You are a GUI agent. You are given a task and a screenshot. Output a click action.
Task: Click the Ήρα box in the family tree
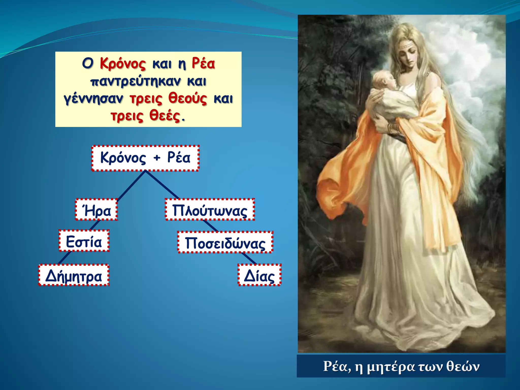[96, 210]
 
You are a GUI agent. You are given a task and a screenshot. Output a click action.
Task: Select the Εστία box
[84, 241]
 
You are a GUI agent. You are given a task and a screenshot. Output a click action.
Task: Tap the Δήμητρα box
[74, 275]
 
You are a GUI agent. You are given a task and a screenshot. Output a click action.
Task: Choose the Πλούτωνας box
[210, 210]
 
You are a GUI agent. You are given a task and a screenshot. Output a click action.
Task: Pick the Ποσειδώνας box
[225, 242]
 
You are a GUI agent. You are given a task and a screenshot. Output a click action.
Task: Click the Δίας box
[259, 275]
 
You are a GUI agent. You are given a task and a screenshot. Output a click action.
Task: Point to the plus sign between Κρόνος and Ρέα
[157, 158]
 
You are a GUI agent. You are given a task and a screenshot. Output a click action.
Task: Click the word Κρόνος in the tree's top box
[123, 158]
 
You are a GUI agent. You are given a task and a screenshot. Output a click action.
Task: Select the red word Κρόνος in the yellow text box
[123, 63]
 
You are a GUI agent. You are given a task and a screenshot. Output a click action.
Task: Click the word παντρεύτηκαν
[136, 82]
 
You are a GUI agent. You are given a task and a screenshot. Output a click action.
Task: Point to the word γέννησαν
[93, 99]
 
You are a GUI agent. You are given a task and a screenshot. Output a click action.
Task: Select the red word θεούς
[188, 99]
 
